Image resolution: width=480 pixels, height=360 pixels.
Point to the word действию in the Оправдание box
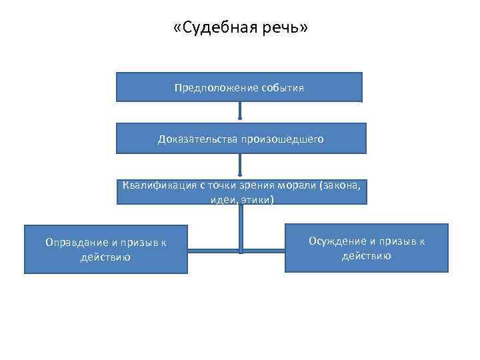(x=105, y=257)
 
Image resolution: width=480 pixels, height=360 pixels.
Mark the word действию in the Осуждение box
(x=367, y=255)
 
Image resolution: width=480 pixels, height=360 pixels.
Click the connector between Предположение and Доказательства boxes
(x=240, y=112)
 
